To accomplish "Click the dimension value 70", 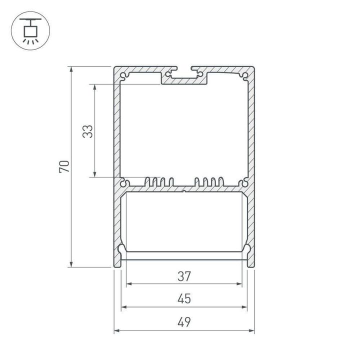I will coord(64,166).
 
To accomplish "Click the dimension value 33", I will coord(87,131).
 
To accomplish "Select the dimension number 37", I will coord(184,275).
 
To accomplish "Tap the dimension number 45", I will coord(184,299).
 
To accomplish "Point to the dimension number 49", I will coord(184,322).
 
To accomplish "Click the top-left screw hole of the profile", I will coord(123,76).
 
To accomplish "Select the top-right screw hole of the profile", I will coord(245,76).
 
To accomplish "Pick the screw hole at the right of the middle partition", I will coord(244,182).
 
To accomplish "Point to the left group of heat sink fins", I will coord(159,182).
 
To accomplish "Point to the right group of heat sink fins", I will coord(209,182).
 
